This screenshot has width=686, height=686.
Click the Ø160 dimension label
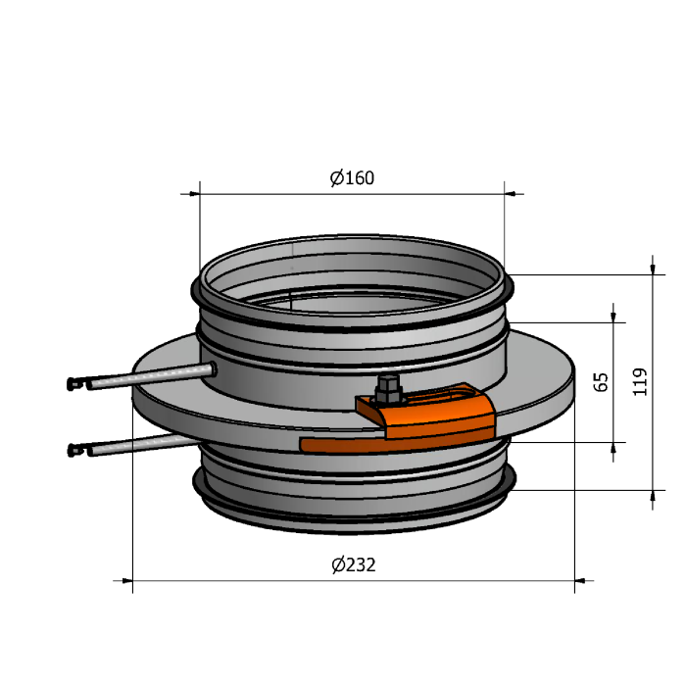click(352, 178)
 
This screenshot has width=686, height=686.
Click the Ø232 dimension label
click(354, 564)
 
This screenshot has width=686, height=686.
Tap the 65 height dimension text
click(601, 382)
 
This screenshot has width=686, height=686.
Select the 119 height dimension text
click(640, 382)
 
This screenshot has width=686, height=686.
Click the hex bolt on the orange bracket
click(388, 388)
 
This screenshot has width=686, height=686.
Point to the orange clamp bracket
click(426, 411)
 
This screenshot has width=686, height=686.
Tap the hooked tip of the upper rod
click(73, 384)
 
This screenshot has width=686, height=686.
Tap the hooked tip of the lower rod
click(73, 450)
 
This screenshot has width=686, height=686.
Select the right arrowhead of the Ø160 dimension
click(510, 193)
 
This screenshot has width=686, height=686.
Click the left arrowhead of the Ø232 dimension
click(127, 581)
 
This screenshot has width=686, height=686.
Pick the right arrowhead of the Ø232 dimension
click(580, 581)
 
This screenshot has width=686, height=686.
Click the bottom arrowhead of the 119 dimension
click(653, 496)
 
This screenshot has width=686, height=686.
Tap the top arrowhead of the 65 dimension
click(612, 317)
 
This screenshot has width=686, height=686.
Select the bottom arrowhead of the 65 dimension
click(612, 448)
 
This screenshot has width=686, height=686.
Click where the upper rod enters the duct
click(213, 368)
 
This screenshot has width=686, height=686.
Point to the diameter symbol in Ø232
click(338, 564)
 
